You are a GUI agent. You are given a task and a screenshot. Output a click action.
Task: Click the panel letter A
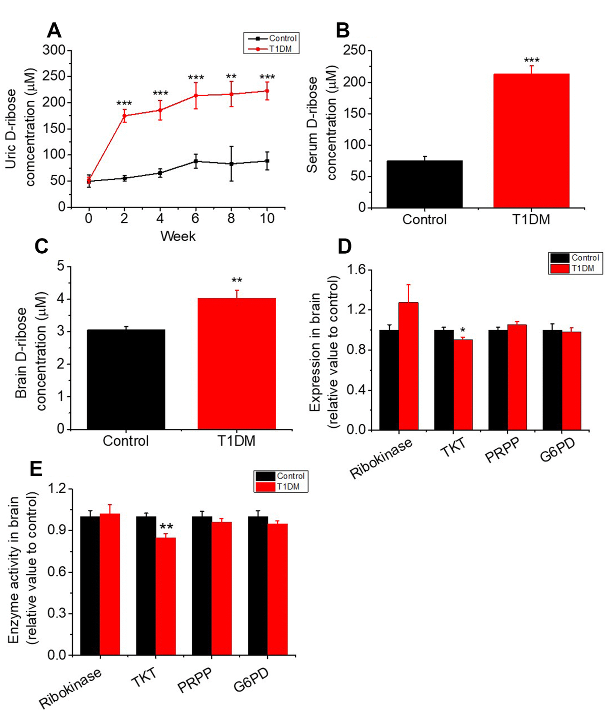(54, 31)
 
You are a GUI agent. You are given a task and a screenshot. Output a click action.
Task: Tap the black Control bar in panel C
(126, 379)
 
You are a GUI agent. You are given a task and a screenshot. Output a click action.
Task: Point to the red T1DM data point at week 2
(124, 115)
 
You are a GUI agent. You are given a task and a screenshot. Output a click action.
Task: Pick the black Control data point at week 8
(231, 164)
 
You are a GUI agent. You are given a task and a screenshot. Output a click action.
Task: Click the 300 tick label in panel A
(54, 50)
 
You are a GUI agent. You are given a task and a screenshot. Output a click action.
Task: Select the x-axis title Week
(178, 236)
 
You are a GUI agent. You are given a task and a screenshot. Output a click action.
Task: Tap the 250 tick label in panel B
(354, 51)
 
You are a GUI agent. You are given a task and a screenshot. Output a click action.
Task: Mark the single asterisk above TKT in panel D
(463, 332)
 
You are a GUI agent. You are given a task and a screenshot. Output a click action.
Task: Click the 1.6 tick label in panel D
(356, 270)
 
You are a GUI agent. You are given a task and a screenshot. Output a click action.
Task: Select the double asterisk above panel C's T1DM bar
(237, 281)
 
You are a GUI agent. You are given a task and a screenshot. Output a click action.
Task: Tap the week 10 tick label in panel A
(267, 218)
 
